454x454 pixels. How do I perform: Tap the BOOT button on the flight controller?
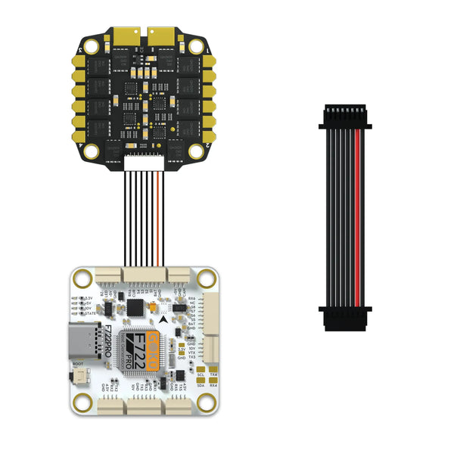click(x=79, y=375)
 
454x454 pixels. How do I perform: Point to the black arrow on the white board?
click(x=165, y=321)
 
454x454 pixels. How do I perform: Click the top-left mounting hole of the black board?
click(x=92, y=46)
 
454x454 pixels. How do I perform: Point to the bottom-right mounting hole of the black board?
click(x=196, y=150)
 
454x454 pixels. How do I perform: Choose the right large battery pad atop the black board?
click(x=160, y=36)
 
